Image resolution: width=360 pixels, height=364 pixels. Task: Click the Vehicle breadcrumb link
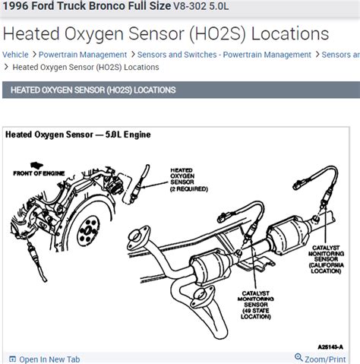click(x=15, y=55)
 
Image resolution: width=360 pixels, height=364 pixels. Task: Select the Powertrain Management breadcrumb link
click(x=83, y=55)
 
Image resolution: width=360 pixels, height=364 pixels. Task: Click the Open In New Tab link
click(x=49, y=359)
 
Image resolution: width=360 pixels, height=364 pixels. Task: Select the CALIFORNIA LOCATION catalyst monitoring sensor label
click(x=327, y=262)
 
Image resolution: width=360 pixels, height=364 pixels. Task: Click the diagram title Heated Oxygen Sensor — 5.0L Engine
click(x=78, y=135)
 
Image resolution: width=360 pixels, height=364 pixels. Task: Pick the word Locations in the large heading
click(x=288, y=34)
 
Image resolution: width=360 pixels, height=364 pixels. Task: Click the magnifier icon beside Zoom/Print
click(x=298, y=358)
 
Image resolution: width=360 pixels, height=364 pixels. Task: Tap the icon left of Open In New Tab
click(x=11, y=359)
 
